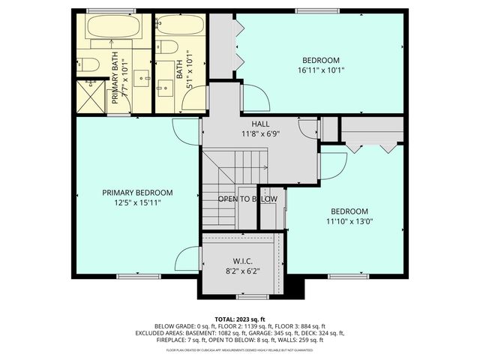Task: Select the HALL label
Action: pyautogui.click(x=260, y=124)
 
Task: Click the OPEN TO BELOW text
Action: pyautogui.click(x=247, y=199)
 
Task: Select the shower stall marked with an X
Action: pyautogui.click(x=89, y=97)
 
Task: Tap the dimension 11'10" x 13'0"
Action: pyautogui.click(x=349, y=221)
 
